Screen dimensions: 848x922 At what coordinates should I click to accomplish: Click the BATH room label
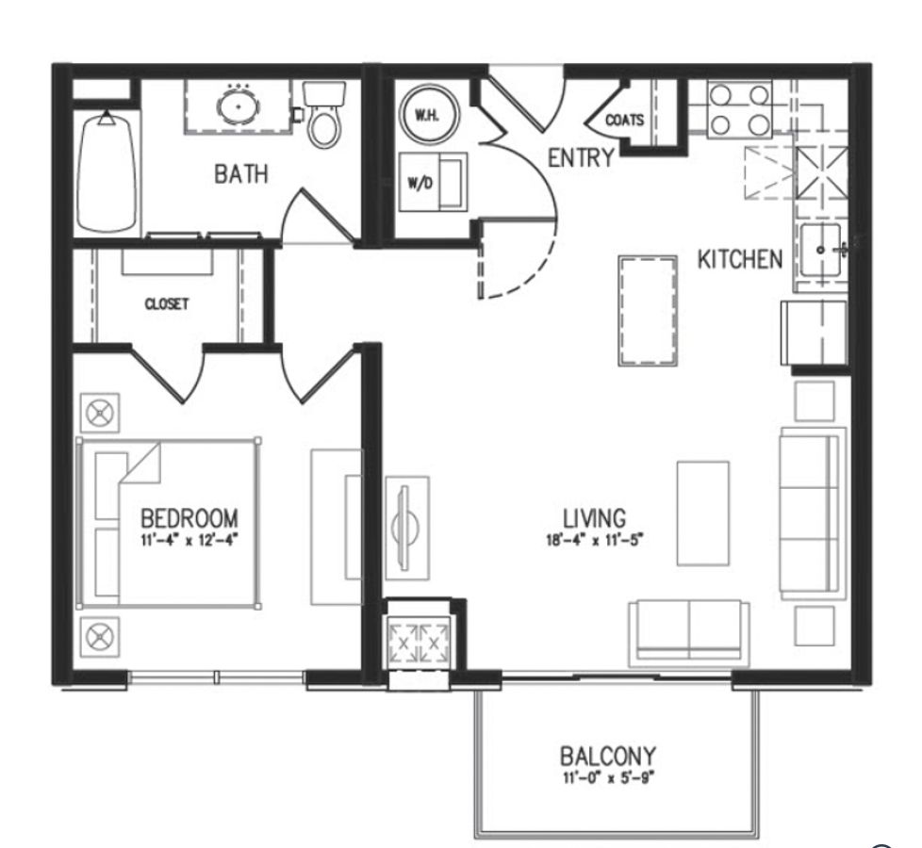(x=240, y=173)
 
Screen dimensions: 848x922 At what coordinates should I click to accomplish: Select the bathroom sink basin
(x=239, y=106)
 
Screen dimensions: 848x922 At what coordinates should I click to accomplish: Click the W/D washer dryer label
(x=420, y=183)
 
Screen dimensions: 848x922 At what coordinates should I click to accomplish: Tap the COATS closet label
(x=624, y=120)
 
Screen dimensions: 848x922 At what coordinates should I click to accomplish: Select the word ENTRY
(x=581, y=157)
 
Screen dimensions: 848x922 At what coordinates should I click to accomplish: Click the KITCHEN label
(x=739, y=259)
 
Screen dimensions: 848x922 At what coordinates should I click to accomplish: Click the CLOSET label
(x=167, y=304)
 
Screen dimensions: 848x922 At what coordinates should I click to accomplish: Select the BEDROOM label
(x=189, y=517)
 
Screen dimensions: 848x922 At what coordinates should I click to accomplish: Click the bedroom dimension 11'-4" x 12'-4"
(x=189, y=540)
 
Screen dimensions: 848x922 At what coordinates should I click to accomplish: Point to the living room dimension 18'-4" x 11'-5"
(x=594, y=540)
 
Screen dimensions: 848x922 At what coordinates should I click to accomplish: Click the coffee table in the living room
(x=702, y=513)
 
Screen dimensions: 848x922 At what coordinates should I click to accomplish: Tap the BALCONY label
(x=607, y=756)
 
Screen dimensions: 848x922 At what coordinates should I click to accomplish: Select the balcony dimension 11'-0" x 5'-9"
(x=607, y=778)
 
